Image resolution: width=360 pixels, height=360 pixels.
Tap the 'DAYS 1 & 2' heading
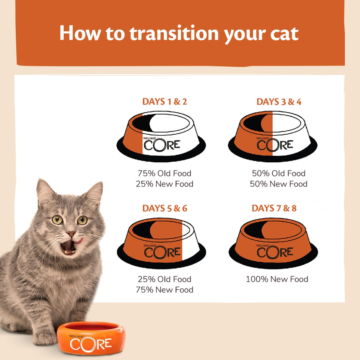(x=164, y=102)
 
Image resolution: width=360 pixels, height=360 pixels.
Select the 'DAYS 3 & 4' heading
(x=279, y=102)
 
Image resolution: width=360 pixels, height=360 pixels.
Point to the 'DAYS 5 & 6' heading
(x=164, y=208)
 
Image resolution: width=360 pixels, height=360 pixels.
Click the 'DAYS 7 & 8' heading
(x=274, y=208)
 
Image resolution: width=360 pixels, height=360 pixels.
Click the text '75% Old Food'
(x=164, y=173)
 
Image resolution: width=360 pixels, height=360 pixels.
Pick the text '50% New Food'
(x=279, y=184)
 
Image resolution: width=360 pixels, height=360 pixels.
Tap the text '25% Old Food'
(x=164, y=279)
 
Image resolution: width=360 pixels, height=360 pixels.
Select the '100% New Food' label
(x=277, y=279)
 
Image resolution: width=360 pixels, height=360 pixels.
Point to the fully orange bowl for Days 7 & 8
(x=273, y=243)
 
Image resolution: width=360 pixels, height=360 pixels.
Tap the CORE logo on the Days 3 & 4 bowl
(x=274, y=145)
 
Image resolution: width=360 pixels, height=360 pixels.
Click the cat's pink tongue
(x=78, y=241)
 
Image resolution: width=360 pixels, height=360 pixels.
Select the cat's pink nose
(x=71, y=233)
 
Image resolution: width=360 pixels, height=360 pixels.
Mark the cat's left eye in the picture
(x=57, y=220)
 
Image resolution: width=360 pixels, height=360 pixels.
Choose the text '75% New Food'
(x=164, y=290)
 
